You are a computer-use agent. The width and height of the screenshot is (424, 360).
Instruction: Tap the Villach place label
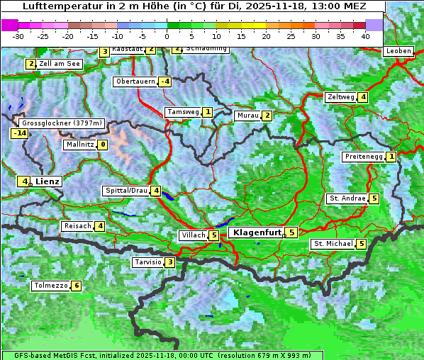[x=194, y=235]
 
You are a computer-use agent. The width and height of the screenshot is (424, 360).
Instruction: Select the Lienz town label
[x=48, y=181]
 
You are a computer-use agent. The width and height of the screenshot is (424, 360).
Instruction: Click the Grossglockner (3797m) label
[x=59, y=123]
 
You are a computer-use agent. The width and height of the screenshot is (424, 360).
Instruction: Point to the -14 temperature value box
[x=19, y=133]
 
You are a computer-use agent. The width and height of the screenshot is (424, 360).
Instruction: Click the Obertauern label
[x=135, y=81]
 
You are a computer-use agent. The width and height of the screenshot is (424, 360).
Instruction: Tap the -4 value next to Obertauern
[x=164, y=81]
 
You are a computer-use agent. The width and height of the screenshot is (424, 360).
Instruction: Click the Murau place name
[x=247, y=116]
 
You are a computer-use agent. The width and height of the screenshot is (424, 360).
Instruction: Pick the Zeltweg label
[x=340, y=97]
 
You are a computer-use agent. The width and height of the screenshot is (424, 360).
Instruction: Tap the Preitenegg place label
[x=364, y=157]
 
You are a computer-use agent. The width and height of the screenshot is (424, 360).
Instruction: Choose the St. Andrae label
[x=347, y=198]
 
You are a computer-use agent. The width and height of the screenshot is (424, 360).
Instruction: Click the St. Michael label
[x=333, y=244]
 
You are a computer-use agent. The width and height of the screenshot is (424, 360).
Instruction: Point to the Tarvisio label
[x=147, y=262]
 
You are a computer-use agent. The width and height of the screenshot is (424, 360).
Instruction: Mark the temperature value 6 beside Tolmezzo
[x=76, y=286]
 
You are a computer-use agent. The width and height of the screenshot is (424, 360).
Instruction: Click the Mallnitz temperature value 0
[x=103, y=145]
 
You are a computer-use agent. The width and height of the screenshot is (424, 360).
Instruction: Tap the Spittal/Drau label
[x=126, y=191]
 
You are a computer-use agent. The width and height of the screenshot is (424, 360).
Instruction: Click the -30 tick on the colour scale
[x=18, y=35]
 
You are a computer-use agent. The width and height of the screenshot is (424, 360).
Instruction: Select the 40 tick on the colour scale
[x=365, y=35]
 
